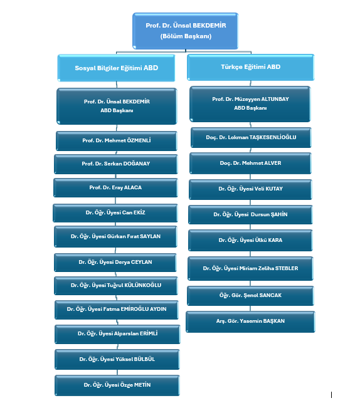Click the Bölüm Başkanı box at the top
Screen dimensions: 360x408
(x=186, y=31)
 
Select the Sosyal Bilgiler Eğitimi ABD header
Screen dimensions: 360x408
(x=116, y=68)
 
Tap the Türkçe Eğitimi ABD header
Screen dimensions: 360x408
(x=251, y=67)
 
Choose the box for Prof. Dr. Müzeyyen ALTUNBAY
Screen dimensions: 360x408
(x=250, y=104)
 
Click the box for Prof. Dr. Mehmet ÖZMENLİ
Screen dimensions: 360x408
(x=117, y=141)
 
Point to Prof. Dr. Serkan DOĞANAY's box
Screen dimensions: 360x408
(x=116, y=164)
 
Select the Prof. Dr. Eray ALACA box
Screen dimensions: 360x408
(x=115, y=187)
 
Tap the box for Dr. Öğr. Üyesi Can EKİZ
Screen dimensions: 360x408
(x=115, y=213)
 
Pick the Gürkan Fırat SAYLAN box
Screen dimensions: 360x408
(x=115, y=236)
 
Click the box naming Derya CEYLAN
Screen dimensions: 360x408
(x=115, y=262)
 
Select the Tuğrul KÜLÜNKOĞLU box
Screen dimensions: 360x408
(x=116, y=285)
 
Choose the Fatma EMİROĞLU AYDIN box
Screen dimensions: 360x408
(x=117, y=310)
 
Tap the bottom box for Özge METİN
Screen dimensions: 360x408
(x=117, y=385)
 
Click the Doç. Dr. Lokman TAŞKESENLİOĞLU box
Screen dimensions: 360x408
(x=251, y=137)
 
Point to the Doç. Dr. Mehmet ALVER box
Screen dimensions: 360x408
(x=250, y=163)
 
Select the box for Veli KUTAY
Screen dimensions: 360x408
(x=250, y=189)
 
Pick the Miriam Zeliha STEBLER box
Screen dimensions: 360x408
(x=250, y=268)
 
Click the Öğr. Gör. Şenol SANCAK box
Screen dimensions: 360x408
(x=250, y=296)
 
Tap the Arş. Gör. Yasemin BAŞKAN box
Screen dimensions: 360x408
(x=250, y=322)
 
